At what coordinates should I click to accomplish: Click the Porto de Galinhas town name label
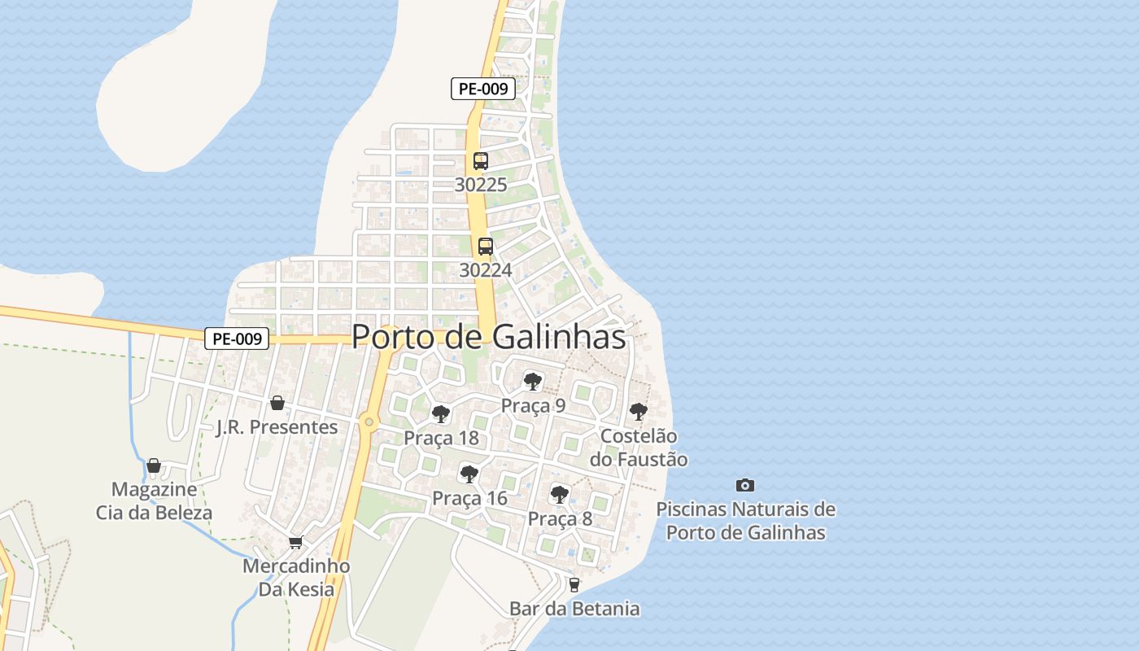[489, 336]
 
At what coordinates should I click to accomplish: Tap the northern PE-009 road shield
[483, 89]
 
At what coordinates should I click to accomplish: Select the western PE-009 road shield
[237, 339]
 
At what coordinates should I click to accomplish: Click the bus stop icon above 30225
[481, 161]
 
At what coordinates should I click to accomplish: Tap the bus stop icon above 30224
[486, 246]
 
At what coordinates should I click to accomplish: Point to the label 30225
[481, 185]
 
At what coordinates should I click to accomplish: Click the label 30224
[486, 269]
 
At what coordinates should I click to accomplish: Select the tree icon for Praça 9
[533, 381]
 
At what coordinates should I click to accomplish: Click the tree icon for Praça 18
[441, 414]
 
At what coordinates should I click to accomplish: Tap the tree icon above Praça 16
[469, 474]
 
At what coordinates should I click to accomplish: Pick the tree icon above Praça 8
[560, 494]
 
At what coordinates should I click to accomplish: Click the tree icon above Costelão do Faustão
[639, 412]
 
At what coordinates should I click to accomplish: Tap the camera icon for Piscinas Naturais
[744, 485]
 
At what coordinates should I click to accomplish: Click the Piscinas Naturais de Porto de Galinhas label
[745, 521]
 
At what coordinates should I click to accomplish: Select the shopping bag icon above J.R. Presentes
[277, 403]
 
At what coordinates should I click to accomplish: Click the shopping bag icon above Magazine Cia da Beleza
[154, 465]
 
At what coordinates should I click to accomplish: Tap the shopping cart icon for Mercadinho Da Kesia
[295, 542]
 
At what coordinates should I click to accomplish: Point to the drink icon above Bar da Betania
[574, 584]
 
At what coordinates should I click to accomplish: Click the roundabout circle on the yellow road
[369, 422]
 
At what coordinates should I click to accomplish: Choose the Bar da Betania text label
[574, 609]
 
